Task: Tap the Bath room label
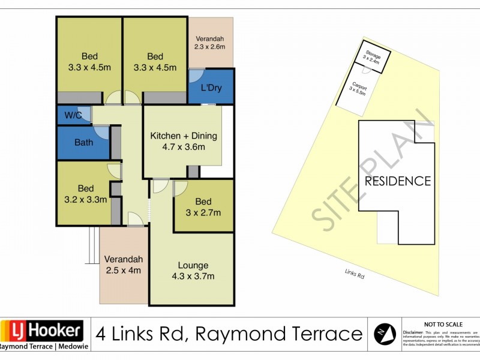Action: click(x=83, y=143)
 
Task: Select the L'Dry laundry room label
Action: click(x=211, y=88)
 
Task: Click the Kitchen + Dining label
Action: click(x=183, y=136)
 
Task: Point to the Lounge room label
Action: click(x=193, y=265)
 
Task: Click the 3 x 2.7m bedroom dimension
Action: click(x=203, y=212)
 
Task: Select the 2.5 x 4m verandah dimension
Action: click(x=123, y=271)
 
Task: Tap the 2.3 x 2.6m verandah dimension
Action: click(x=209, y=46)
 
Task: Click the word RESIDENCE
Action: click(x=398, y=181)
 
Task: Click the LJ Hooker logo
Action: click(x=42, y=331)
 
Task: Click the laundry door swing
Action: click(x=196, y=76)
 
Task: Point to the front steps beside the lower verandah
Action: click(x=92, y=246)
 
